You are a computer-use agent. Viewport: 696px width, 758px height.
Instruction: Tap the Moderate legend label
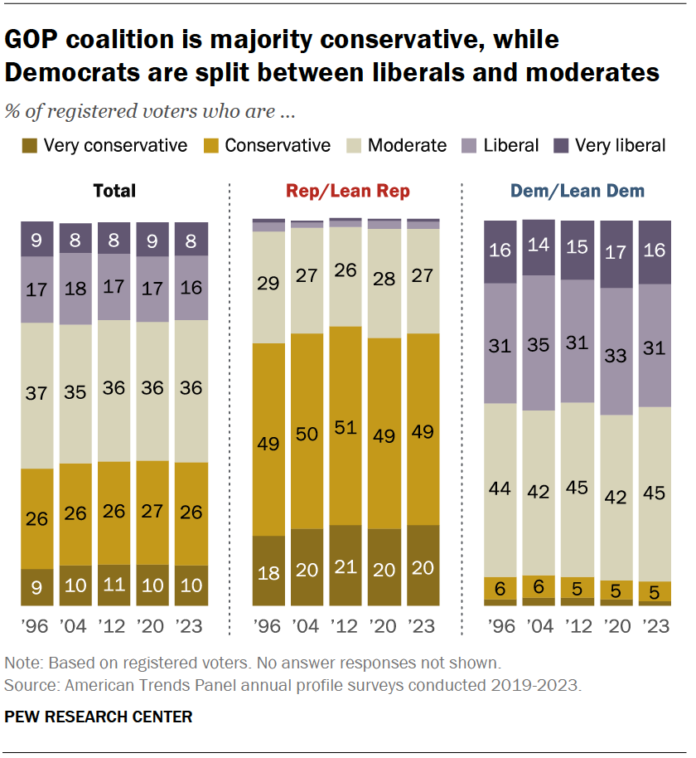407,146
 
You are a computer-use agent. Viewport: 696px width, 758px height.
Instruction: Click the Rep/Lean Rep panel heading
347,192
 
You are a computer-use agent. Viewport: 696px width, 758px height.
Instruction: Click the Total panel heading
114,192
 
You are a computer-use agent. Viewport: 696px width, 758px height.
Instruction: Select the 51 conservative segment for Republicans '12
346,425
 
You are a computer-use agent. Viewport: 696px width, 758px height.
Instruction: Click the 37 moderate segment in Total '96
37,396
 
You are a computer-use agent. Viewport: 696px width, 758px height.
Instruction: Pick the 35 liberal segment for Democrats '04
539,343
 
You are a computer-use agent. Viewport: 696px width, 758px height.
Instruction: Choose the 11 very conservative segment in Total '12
114,585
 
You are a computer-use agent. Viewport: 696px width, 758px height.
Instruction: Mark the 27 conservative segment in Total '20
153,513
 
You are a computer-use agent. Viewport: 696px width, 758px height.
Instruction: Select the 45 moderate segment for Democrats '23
655,493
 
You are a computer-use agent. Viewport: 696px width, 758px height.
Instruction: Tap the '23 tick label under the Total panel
191,626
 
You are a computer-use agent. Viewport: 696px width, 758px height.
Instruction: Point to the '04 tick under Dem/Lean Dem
539,626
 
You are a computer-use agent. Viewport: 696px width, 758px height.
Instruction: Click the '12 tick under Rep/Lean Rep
346,626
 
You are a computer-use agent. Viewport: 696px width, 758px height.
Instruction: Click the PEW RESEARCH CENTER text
99,717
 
